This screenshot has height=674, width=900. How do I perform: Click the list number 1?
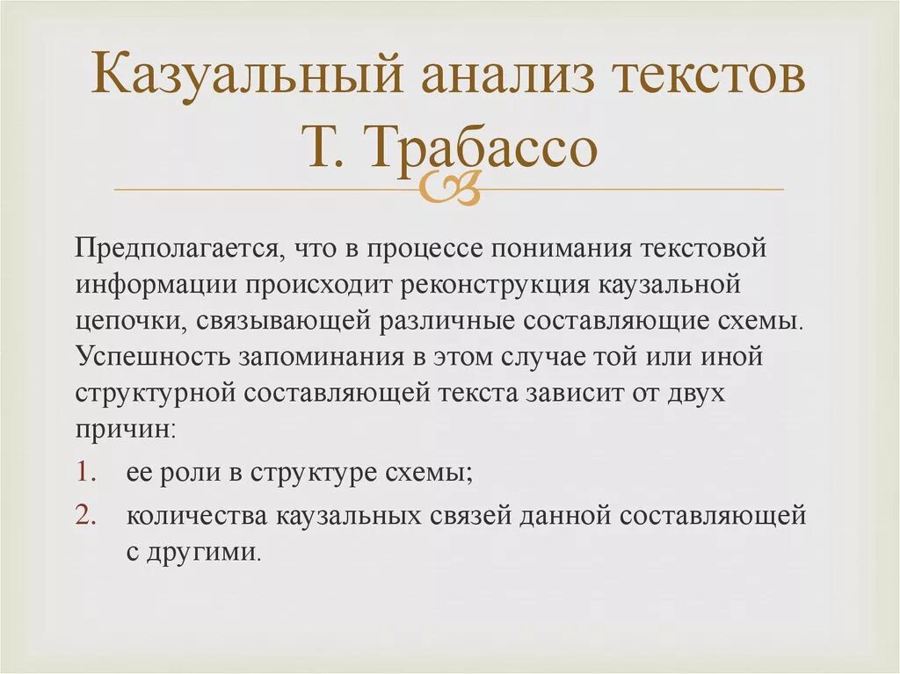coord(83,472)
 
